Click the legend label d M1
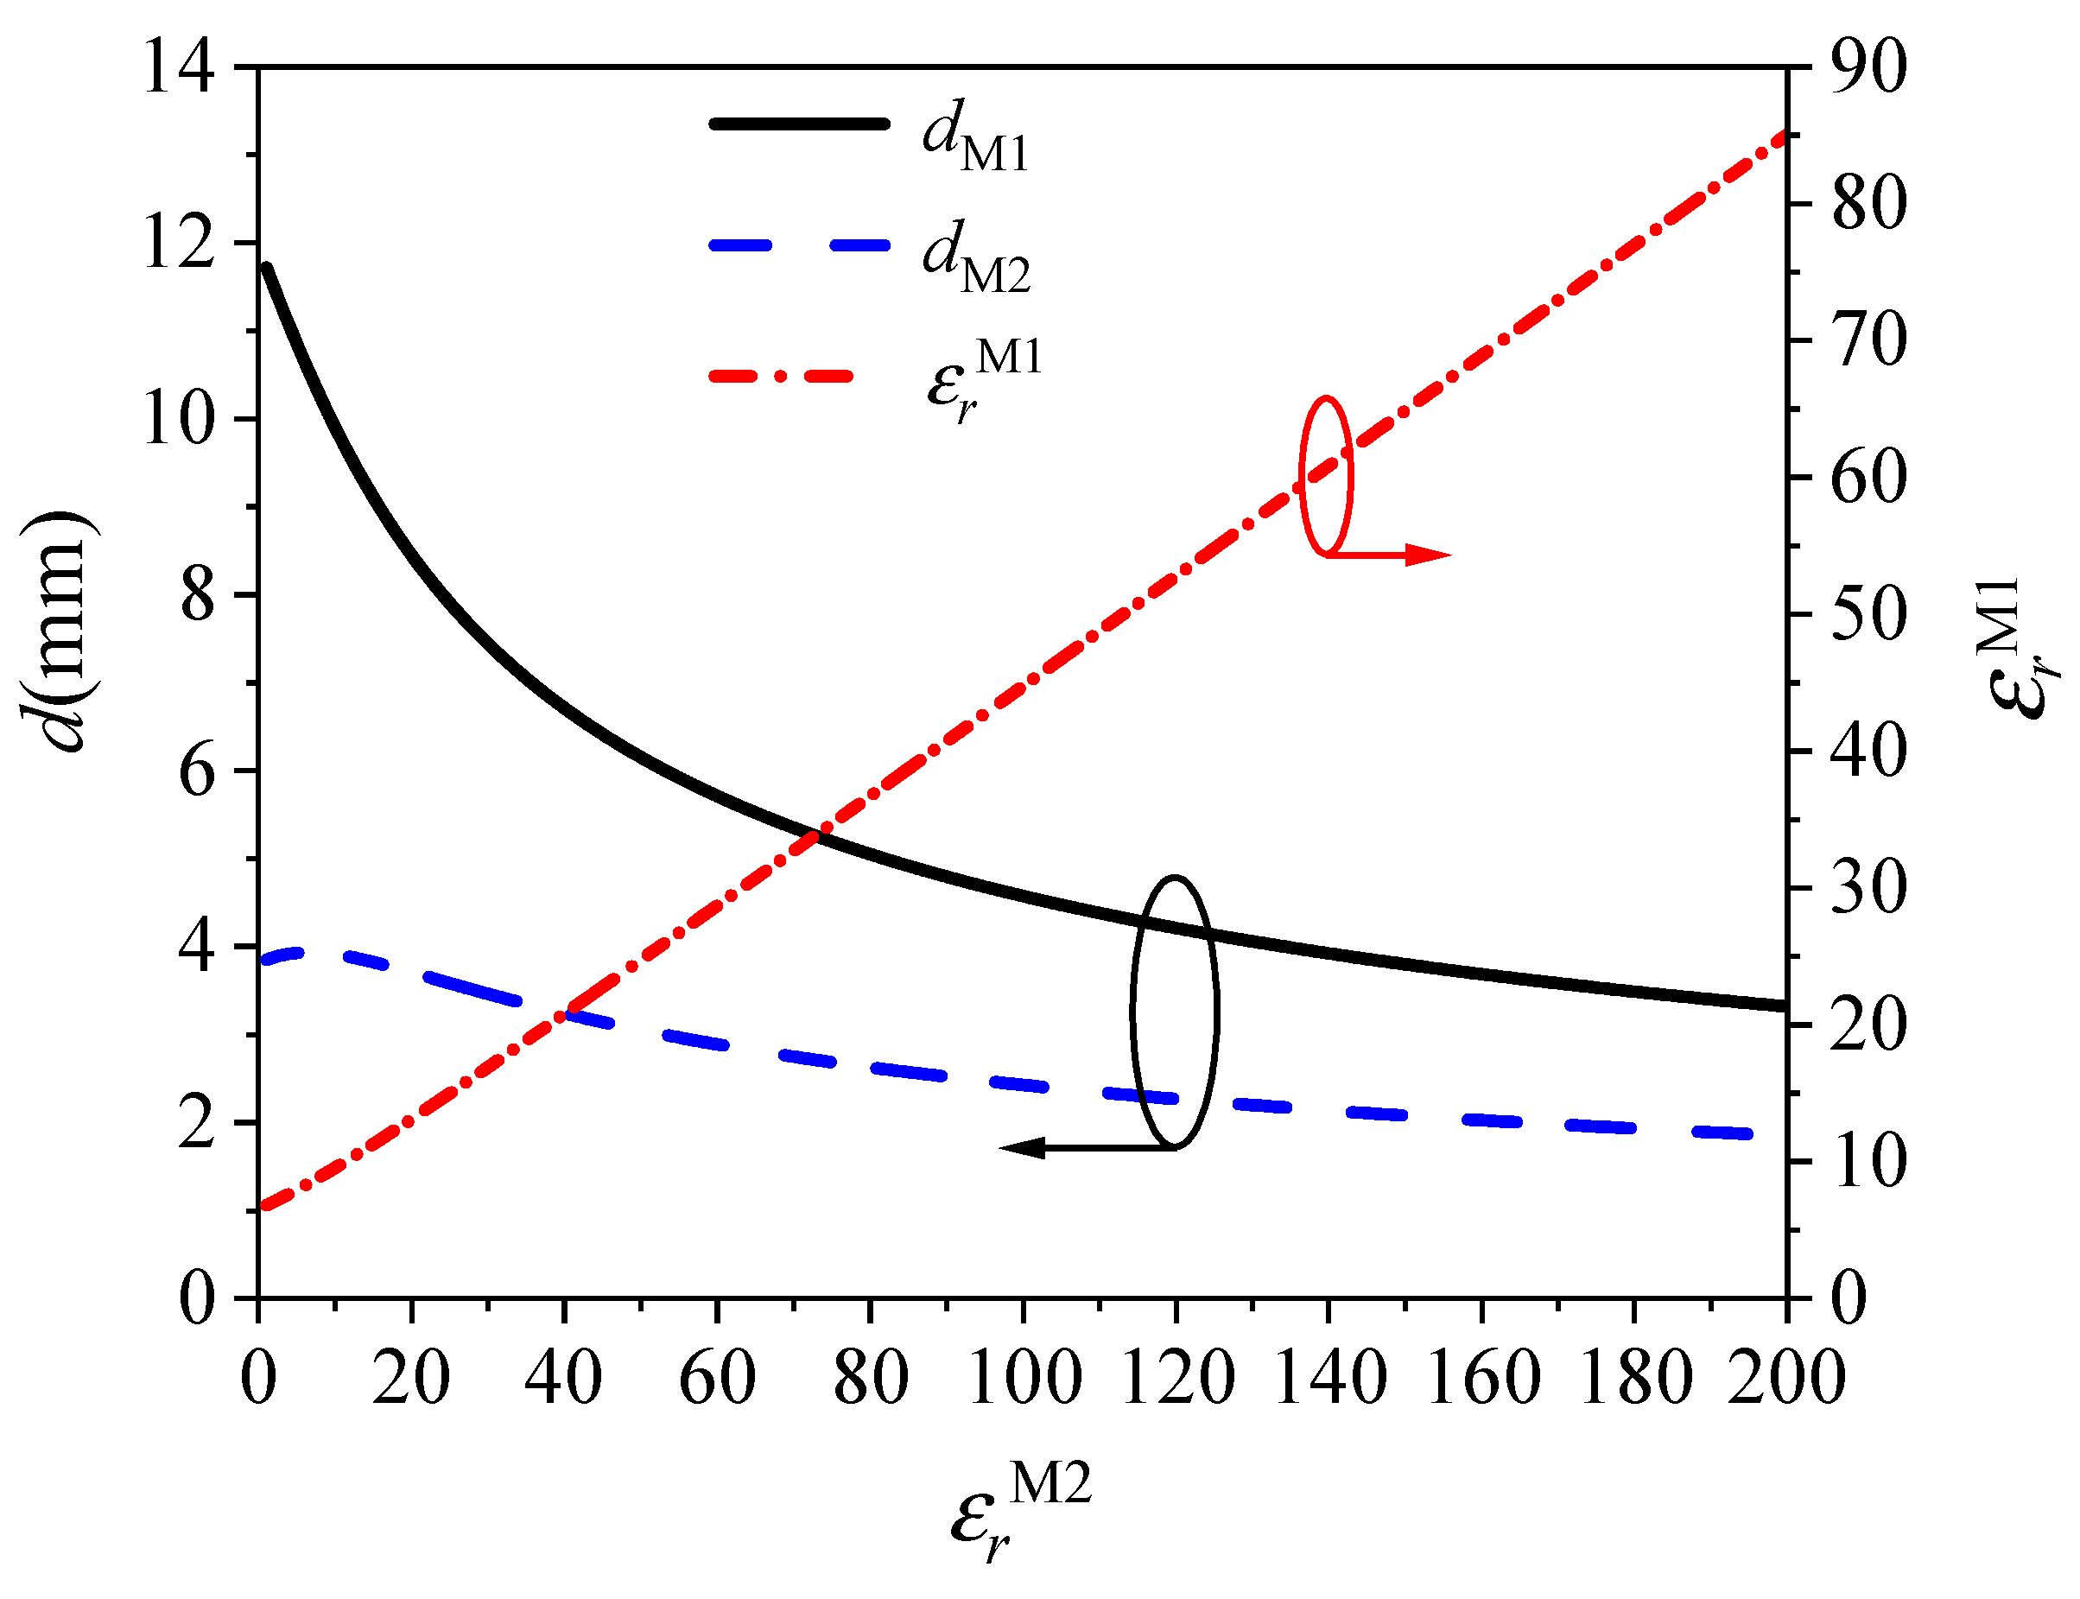click(974, 137)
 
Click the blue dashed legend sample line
click(799, 245)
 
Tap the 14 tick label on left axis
click(178, 68)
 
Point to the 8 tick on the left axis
click(197, 597)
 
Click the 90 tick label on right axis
click(1868, 68)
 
